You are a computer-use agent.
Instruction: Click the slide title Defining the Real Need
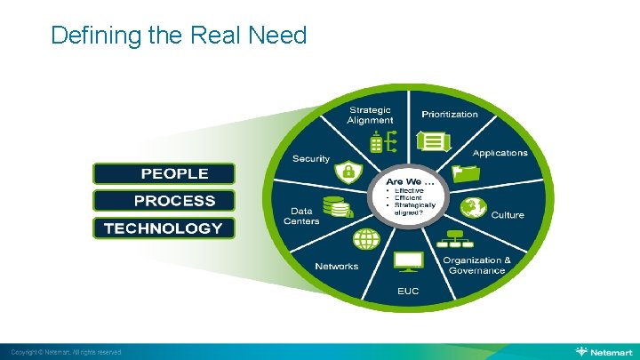click(x=179, y=36)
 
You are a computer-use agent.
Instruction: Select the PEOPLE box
click(x=164, y=173)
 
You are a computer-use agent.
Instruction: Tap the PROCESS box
click(x=164, y=201)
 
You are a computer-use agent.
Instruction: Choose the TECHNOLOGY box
click(x=164, y=228)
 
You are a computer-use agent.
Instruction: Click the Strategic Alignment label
click(x=370, y=115)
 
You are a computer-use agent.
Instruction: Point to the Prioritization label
click(x=449, y=114)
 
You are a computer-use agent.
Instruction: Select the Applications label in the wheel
click(x=500, y=153)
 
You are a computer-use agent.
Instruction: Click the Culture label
click(x=508, y=215)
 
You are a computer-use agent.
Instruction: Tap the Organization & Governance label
click(x=478, y=265)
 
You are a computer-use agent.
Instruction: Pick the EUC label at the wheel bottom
click(x=408, y=291)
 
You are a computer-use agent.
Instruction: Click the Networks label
click(x=336, y=266)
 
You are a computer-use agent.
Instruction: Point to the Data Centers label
click(x=301, y=216)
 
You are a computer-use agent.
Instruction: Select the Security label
click(x=311, y=158)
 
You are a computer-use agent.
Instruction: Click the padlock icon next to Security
click(x=349, y=171)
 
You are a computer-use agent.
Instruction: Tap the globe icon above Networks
click(x=366, y=238)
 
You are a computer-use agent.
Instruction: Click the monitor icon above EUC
click(x=409, y=260)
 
